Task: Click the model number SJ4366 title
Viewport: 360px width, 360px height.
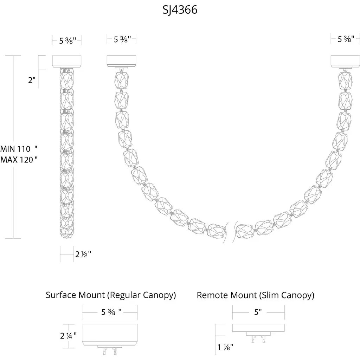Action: [180, 10]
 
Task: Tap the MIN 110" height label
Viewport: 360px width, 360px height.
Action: [19, 149]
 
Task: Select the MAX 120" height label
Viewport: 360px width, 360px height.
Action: [19, 160]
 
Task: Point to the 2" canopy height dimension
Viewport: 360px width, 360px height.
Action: [32, 80]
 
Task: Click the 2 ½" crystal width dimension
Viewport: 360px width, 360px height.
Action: [83, 254]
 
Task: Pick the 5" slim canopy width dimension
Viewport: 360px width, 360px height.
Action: [258, 312]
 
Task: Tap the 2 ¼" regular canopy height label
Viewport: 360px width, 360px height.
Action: [69, 336]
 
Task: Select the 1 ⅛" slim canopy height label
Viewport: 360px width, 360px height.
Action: [225, 347]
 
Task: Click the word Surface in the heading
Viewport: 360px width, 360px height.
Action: [61, 295]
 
